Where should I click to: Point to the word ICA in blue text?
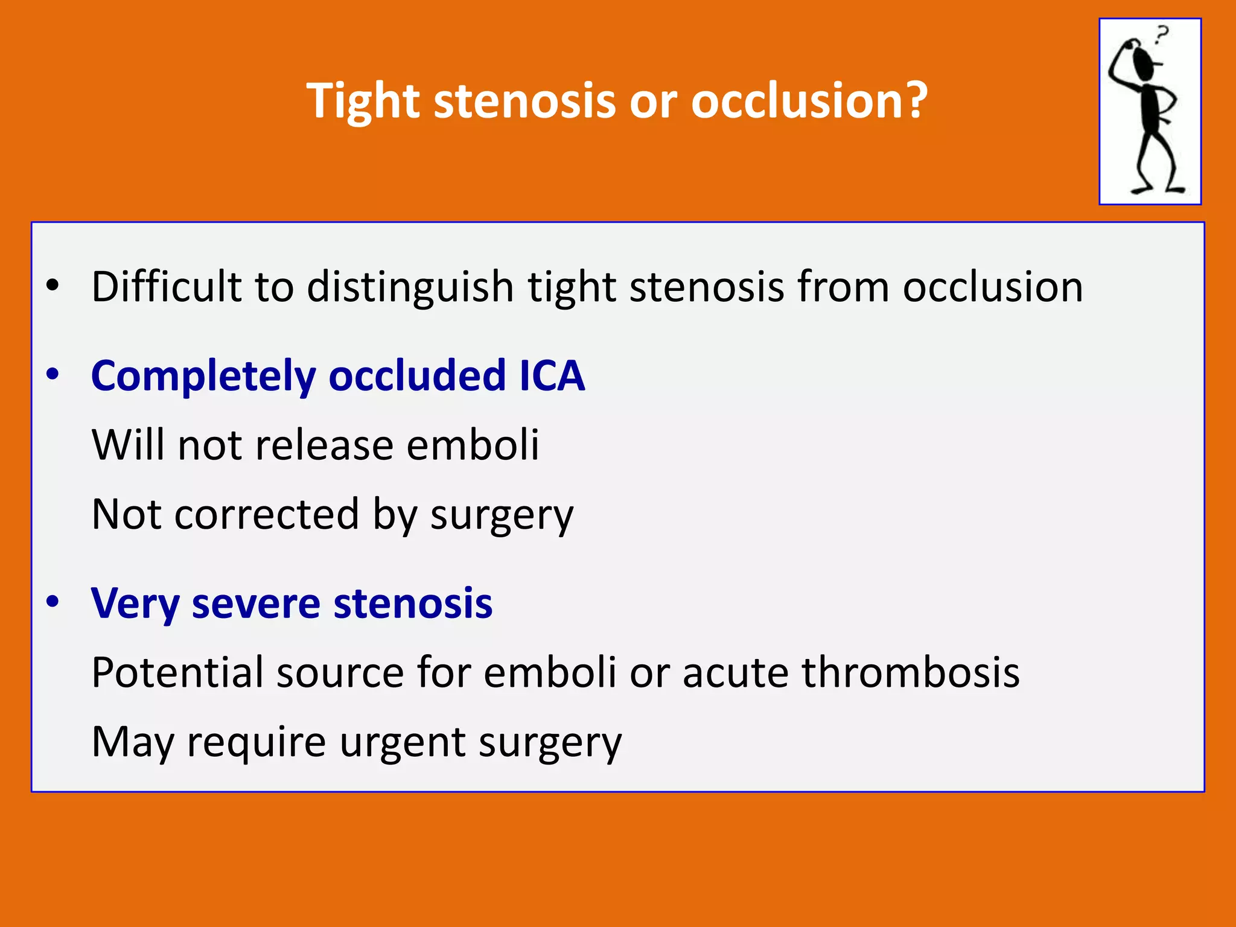point(552,375)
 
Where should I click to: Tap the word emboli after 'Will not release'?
point(472,445)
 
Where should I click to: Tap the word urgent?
point(402,742)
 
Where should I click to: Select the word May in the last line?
point(132,742)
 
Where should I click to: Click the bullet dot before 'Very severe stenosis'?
point(53,602)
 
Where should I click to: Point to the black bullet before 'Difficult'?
point(53,285)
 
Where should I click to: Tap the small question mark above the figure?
point(1161,35)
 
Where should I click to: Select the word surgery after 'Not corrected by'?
point(501,515)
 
